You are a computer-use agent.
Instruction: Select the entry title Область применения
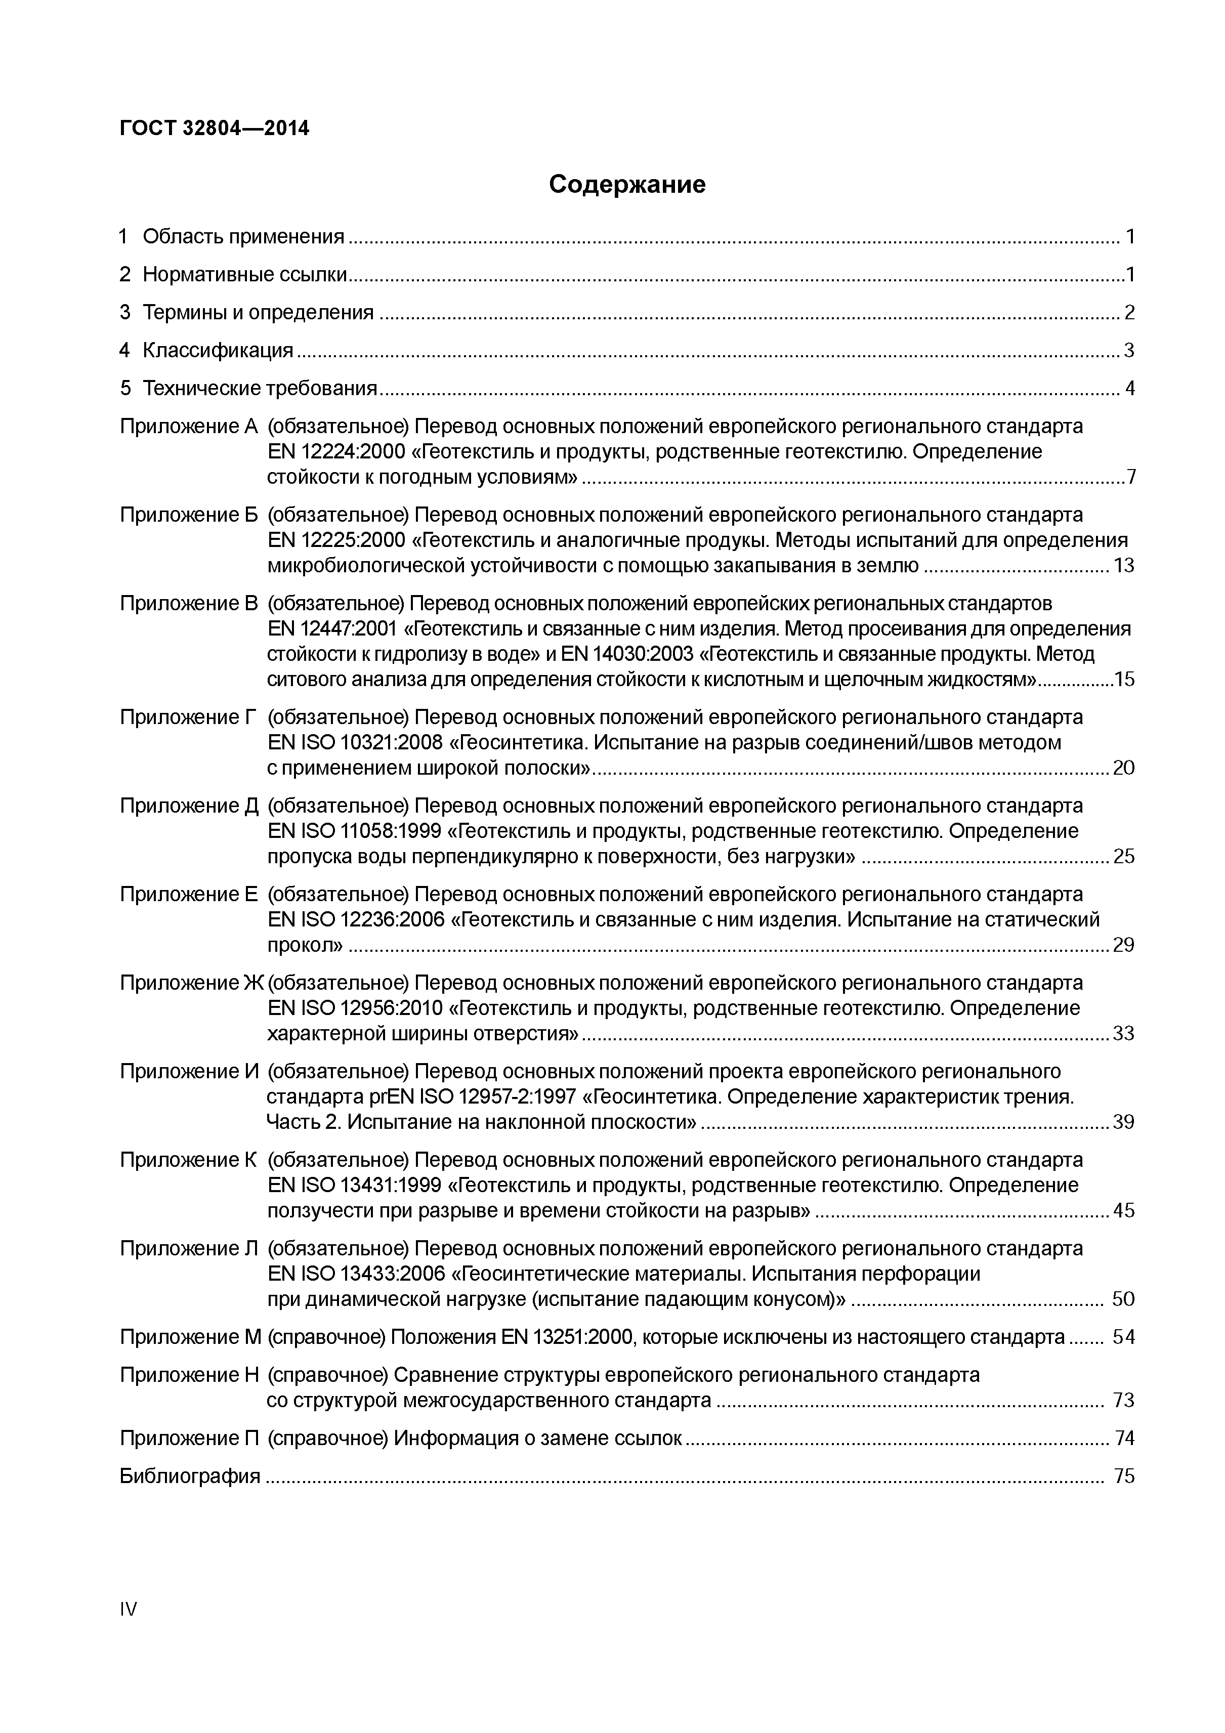click(243, 237)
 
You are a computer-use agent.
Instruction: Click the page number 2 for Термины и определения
click(1128, 313)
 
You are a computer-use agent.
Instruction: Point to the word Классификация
click(218, 350)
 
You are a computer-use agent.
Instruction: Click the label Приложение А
click(189, 427)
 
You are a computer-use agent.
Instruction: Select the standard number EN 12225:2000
click(336, 540)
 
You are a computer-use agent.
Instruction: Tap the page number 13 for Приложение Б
click(1123, 565)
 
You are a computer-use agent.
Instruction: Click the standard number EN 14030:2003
click(623, 654)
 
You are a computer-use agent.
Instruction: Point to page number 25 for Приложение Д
click(1123, 856)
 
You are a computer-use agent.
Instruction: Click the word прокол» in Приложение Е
click(305, 945)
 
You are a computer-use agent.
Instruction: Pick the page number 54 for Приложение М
click(1123, 1337)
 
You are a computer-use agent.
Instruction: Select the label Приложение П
click(189, 1438)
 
